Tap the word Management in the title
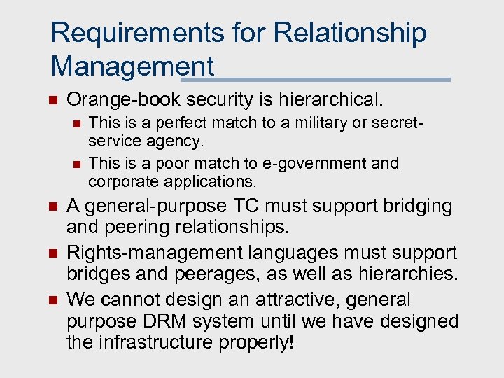pos(132,66)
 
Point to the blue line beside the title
pos(332,79)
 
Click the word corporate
pos(123,182)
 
